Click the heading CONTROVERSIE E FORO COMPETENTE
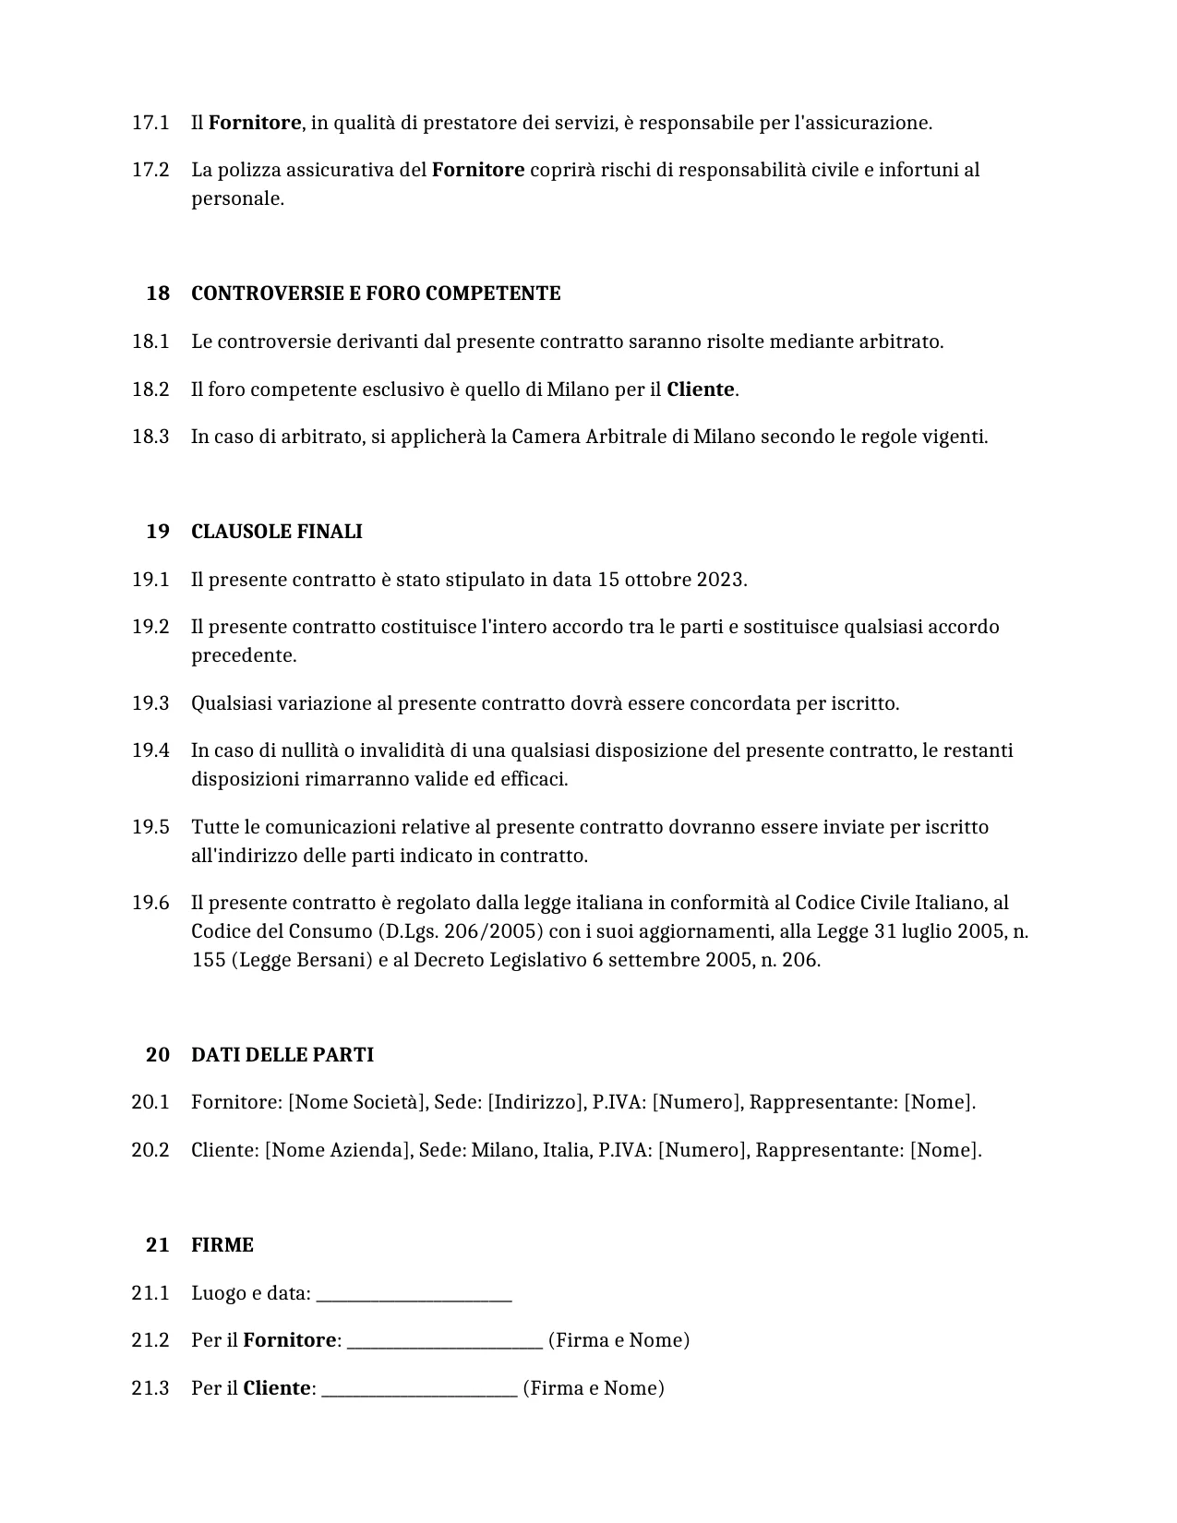376,294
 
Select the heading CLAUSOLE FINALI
276,532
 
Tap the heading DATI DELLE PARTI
282,1055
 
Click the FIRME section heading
222,1245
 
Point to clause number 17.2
150,170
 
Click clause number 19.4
150,750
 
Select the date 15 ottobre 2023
671,580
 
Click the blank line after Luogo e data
414,1294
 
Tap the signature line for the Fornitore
445,1341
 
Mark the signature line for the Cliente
419,1389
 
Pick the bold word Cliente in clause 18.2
701,390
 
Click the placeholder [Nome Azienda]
338,1150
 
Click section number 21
157,1245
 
